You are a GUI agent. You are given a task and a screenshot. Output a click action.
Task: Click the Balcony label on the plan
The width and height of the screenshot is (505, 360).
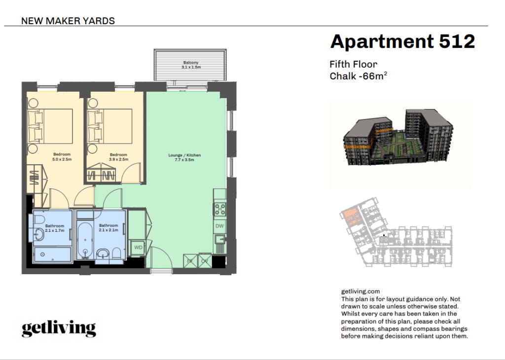click(x=191, y=63)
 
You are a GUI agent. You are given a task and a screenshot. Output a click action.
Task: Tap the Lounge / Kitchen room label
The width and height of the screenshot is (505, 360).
click(x=184, y=155)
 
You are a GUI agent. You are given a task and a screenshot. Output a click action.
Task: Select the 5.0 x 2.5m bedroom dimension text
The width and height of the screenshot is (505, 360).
click(x=62, y=159)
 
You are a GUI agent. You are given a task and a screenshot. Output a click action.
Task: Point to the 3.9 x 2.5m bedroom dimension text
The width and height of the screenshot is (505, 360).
click(x=118, y=159)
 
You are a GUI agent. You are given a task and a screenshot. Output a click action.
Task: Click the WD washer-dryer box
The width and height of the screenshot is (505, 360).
click(x=138, y=247)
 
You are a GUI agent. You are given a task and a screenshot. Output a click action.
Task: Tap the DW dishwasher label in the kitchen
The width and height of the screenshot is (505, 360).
click(x=219, y=226)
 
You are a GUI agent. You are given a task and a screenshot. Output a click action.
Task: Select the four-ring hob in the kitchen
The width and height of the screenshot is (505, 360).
click(x=220, y=209)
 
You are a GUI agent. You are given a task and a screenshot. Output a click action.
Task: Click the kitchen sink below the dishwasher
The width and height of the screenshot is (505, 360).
click(x=220, y=239)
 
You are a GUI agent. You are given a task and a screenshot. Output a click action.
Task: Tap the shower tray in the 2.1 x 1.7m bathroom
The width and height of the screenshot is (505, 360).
click(x=52, y=254)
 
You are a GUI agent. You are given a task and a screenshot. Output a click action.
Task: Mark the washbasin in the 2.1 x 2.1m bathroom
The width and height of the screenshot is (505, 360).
click(x=103, y=253)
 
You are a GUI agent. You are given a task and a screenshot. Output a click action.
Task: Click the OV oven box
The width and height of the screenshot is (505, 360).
click(x=205, y=261)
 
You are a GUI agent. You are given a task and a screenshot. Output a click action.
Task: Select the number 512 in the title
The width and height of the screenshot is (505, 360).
click(x=457, y=41)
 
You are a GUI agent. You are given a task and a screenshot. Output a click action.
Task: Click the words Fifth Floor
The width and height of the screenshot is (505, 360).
click(x=353, y=65)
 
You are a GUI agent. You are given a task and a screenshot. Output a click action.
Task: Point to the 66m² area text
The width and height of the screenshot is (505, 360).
click(x=375, y=76)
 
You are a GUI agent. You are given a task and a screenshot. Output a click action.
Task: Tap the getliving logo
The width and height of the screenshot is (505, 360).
click(x=59, y=328)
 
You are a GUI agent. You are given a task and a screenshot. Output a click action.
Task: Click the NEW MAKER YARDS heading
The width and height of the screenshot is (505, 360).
click(x=68, y=21)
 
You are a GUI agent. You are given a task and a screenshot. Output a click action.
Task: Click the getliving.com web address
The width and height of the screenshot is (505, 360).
click(x=361, y=292)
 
